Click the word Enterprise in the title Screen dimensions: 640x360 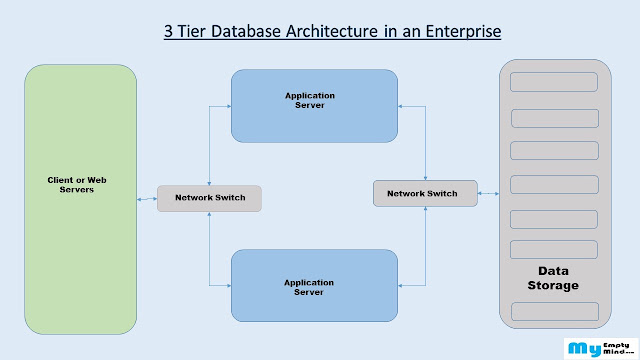463,31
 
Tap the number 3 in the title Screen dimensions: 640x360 168,31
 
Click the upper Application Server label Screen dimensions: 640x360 310,100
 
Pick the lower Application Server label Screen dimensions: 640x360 309,287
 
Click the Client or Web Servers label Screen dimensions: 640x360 77,185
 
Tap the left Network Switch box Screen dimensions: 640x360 209,198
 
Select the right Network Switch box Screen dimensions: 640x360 425,193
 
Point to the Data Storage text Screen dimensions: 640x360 553,278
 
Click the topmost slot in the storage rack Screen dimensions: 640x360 554,82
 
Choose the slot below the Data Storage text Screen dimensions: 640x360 555,311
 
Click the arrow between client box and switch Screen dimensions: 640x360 147,199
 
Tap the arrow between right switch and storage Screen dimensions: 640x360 488,193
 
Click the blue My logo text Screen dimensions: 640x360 585,349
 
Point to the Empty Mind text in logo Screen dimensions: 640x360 617,348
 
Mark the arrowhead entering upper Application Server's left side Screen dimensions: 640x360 229,107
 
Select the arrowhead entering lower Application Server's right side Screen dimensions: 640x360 400,286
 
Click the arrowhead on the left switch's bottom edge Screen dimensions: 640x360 209,214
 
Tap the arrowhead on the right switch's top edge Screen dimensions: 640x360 425,178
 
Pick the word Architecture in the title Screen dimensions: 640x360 332,31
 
